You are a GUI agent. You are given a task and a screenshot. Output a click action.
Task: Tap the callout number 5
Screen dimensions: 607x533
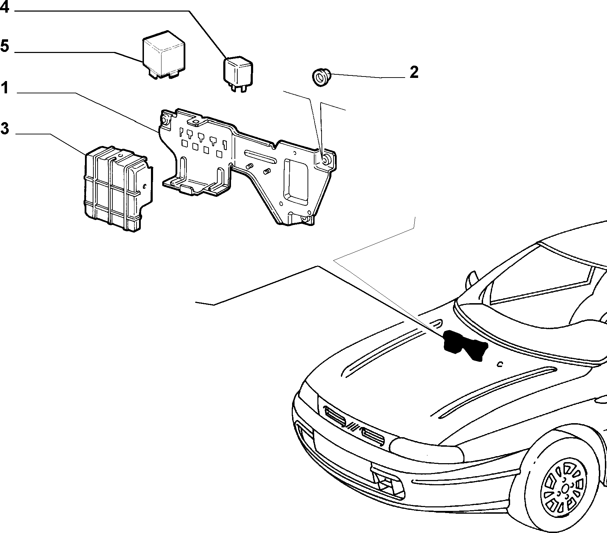(4, 46)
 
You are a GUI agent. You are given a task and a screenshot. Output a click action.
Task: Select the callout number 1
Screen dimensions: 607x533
(4, 87)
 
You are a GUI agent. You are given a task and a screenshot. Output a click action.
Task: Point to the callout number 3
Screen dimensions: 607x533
(4, 128)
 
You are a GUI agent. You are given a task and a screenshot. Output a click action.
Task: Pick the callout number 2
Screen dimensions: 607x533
(414, 72)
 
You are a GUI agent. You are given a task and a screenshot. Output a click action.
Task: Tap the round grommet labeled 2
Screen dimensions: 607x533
(321, 78)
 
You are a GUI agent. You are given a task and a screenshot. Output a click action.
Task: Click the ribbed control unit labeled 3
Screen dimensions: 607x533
(118, 189)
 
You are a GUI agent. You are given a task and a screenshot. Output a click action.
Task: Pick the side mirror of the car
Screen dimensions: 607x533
(471, 280)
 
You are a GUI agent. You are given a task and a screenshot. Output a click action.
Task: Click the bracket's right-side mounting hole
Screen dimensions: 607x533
(326, 160)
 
